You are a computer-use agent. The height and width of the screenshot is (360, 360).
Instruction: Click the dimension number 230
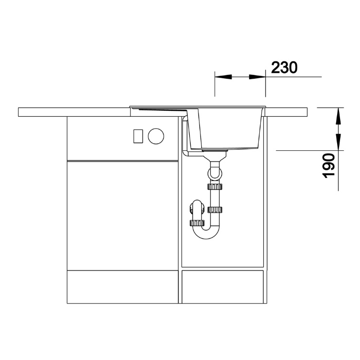(284, 68)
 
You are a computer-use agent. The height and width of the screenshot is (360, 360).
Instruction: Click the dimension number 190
(328, 166)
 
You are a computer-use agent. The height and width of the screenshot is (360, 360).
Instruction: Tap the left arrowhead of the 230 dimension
(223, 77)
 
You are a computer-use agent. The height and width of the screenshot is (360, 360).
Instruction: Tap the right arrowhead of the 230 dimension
(257, 77)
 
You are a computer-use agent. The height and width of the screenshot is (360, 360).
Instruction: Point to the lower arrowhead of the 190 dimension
(339, 142)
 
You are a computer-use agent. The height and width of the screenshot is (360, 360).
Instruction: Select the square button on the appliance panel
(138, 136)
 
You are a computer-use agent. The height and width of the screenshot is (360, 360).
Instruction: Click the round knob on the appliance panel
(156, 136)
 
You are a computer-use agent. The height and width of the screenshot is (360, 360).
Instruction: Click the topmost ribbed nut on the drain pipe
(215, 186)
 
